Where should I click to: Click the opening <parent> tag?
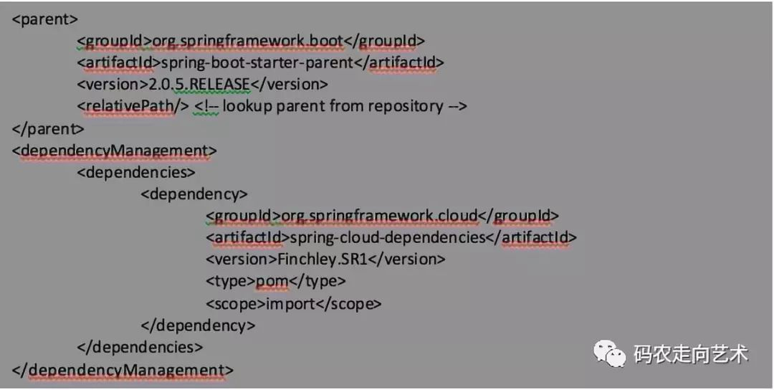45,19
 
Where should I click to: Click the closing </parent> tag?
48,129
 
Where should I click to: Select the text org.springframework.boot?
248,41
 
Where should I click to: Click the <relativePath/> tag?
132,106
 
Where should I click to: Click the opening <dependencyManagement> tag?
114,151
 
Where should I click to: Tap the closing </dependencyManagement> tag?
123,370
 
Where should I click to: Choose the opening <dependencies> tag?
135,173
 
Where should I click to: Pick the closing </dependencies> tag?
140,348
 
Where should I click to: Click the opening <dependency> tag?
194,194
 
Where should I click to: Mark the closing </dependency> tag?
198,325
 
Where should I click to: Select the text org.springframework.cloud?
378,216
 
